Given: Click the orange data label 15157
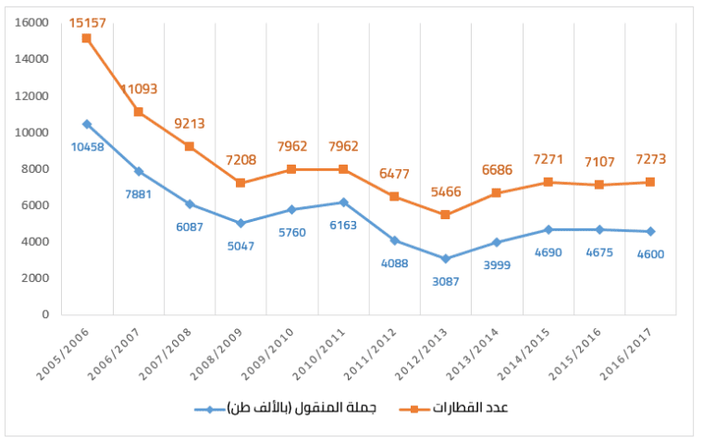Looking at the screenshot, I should (x=86, y=18).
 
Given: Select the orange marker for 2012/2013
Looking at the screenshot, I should (x=445, y=215).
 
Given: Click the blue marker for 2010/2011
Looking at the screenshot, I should (x=343, y=202).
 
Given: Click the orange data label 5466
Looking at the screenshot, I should (x=445, y=192).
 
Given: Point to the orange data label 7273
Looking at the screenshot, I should (x=649, y=160).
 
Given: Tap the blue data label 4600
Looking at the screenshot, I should (x=649, y=253).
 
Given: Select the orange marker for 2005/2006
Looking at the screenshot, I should (x=86, y=38).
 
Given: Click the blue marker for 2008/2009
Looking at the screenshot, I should (x=240, y=223).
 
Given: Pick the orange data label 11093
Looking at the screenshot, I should (x=139, y=90).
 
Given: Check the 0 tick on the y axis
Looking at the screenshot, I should (x=43, y=314).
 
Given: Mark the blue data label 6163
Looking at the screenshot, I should (x=343, y=224).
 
